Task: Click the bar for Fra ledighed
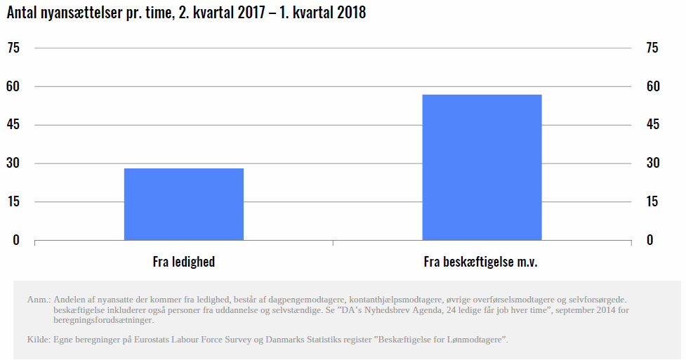(x=184, y=204)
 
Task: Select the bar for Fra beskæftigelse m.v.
(x=482, y=167)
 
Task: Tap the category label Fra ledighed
(x=184, y=262)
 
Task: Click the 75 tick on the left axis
(x=13, y=48)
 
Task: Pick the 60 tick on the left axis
(x=13, y=86)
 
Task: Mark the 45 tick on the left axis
(x=13, y=125)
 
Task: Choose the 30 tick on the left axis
(x=13, y=164)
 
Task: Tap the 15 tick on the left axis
(x=13, y=202)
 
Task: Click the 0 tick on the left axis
(x=16, y=240)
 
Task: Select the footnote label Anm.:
(x=38, y=300)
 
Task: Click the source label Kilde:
(x=38, y=340)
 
